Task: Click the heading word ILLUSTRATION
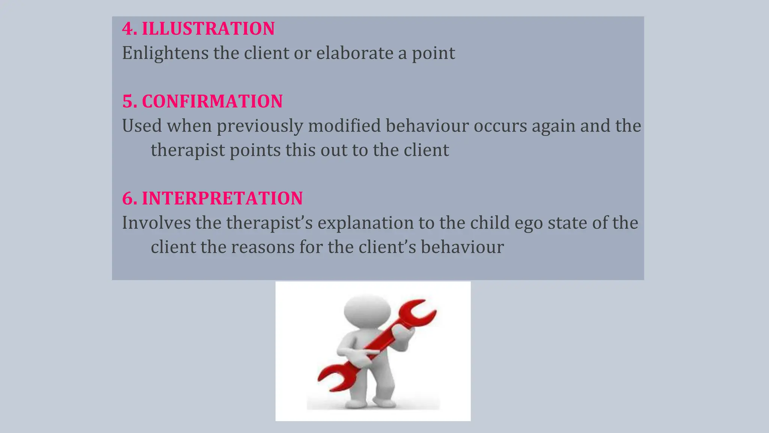pyautogui.click(x=208, y=29)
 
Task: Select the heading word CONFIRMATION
pyautogui.click(x=212, y=101)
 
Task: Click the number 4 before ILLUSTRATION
pyautogui.click(x=127, y=29)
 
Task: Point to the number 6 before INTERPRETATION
pyautogui.click(x=127, y=198)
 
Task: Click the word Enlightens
pyautogui.click(x=165, y=53)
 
